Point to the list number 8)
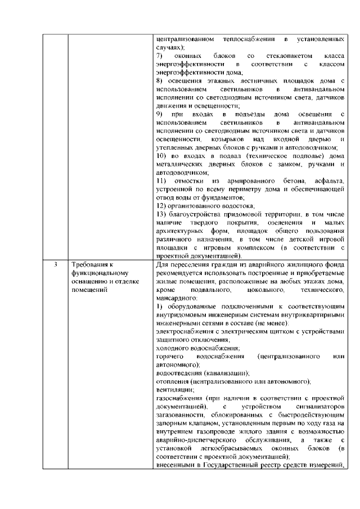pos(159,82)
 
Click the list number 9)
pos(160,114)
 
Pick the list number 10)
pos(161,155)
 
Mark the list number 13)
pos(161,214)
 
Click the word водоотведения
pos(181,373)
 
